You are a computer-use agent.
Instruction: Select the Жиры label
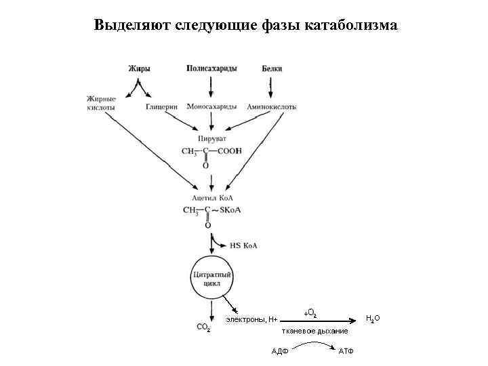click(x=139, y=69)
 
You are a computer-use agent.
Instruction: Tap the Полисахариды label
click(x=211, y=69)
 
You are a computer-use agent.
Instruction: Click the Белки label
click(x=272, y=69)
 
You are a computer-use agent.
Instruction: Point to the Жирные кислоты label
click(x=101, y=103)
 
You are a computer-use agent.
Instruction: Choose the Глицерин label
click(x=161, y=107)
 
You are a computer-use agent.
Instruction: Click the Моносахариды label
click(x=212, y=107)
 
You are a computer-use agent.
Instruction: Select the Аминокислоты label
click(x=271, y=107)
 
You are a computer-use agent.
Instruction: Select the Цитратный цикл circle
click(x=212, y=281)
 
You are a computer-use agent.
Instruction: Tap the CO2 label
click(x=203, y=327)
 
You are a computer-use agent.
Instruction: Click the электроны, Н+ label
click(x=252, y=319)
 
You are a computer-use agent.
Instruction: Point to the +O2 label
click(x=310, y=313)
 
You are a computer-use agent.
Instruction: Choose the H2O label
click(x=373, y=317)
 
